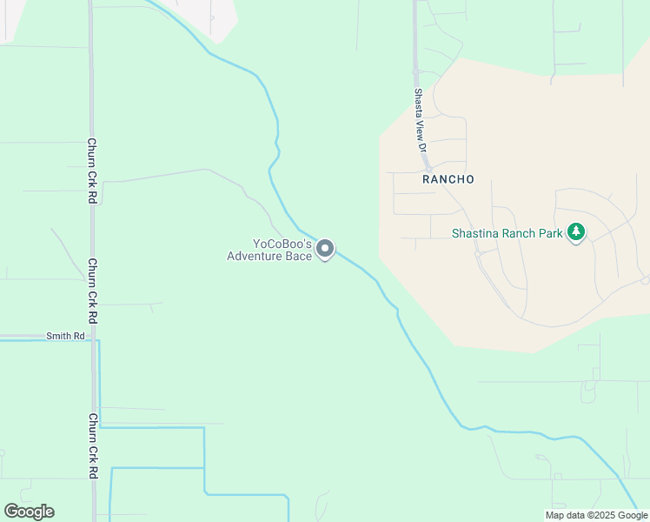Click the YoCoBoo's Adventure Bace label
point(269,250)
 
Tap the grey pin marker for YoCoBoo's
point(326,250)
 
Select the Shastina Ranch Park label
point(507,233)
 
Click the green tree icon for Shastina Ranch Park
point(575,232)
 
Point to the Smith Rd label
point(66,335)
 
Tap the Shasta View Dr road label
point(420,121)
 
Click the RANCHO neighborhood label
point(448,179)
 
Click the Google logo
point(29,512)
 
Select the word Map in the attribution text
point(555,515)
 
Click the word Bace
point(299,256)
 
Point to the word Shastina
point(476,233)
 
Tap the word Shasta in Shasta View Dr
point(419,103)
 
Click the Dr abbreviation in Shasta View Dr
point(422,147)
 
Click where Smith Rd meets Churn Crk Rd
point(92,336)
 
